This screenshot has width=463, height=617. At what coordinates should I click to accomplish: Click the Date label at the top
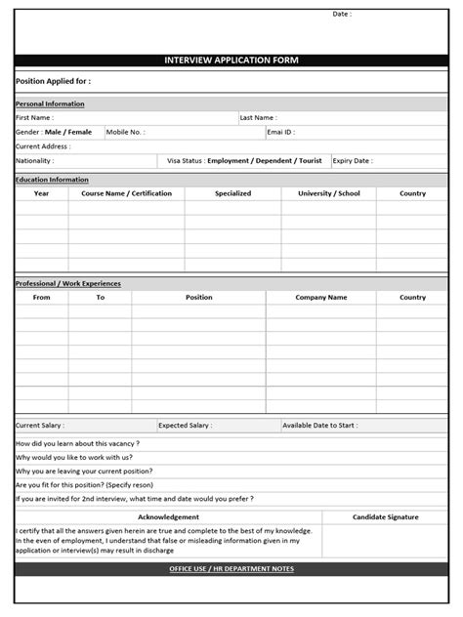pos(341,15)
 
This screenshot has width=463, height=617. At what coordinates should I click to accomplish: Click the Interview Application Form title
pos(231,61)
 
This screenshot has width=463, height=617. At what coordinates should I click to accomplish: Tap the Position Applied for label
pos(53,82)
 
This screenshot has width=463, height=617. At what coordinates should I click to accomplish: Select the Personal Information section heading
pos(50,103)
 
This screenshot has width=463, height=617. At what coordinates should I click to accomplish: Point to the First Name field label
pos(35,117)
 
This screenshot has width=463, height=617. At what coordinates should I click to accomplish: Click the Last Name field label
pos(259,117)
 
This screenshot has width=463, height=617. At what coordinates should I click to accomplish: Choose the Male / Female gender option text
pos(67,132)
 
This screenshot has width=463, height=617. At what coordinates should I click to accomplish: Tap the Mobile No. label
pos(125,132)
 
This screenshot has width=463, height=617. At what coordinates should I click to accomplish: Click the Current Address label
pos(42,146)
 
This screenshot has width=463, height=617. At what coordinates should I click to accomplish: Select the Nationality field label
pos(35,161)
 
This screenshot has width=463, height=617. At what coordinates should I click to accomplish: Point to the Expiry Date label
pos(352,161)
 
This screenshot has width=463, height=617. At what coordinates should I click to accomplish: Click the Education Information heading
pos(52,180)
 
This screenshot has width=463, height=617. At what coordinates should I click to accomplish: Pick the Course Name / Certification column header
pos(126,193)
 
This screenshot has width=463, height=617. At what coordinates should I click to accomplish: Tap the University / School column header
pos(328,193)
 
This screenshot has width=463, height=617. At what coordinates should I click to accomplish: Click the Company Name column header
pos(320,298)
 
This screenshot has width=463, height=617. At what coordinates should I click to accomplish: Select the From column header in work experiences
pos(42,298)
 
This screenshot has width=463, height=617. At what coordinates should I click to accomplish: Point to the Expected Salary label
pos(185,426)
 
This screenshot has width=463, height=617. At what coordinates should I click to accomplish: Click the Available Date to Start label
pos(319,426)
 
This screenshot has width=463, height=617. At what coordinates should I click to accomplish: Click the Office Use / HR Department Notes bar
pos(231,568)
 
